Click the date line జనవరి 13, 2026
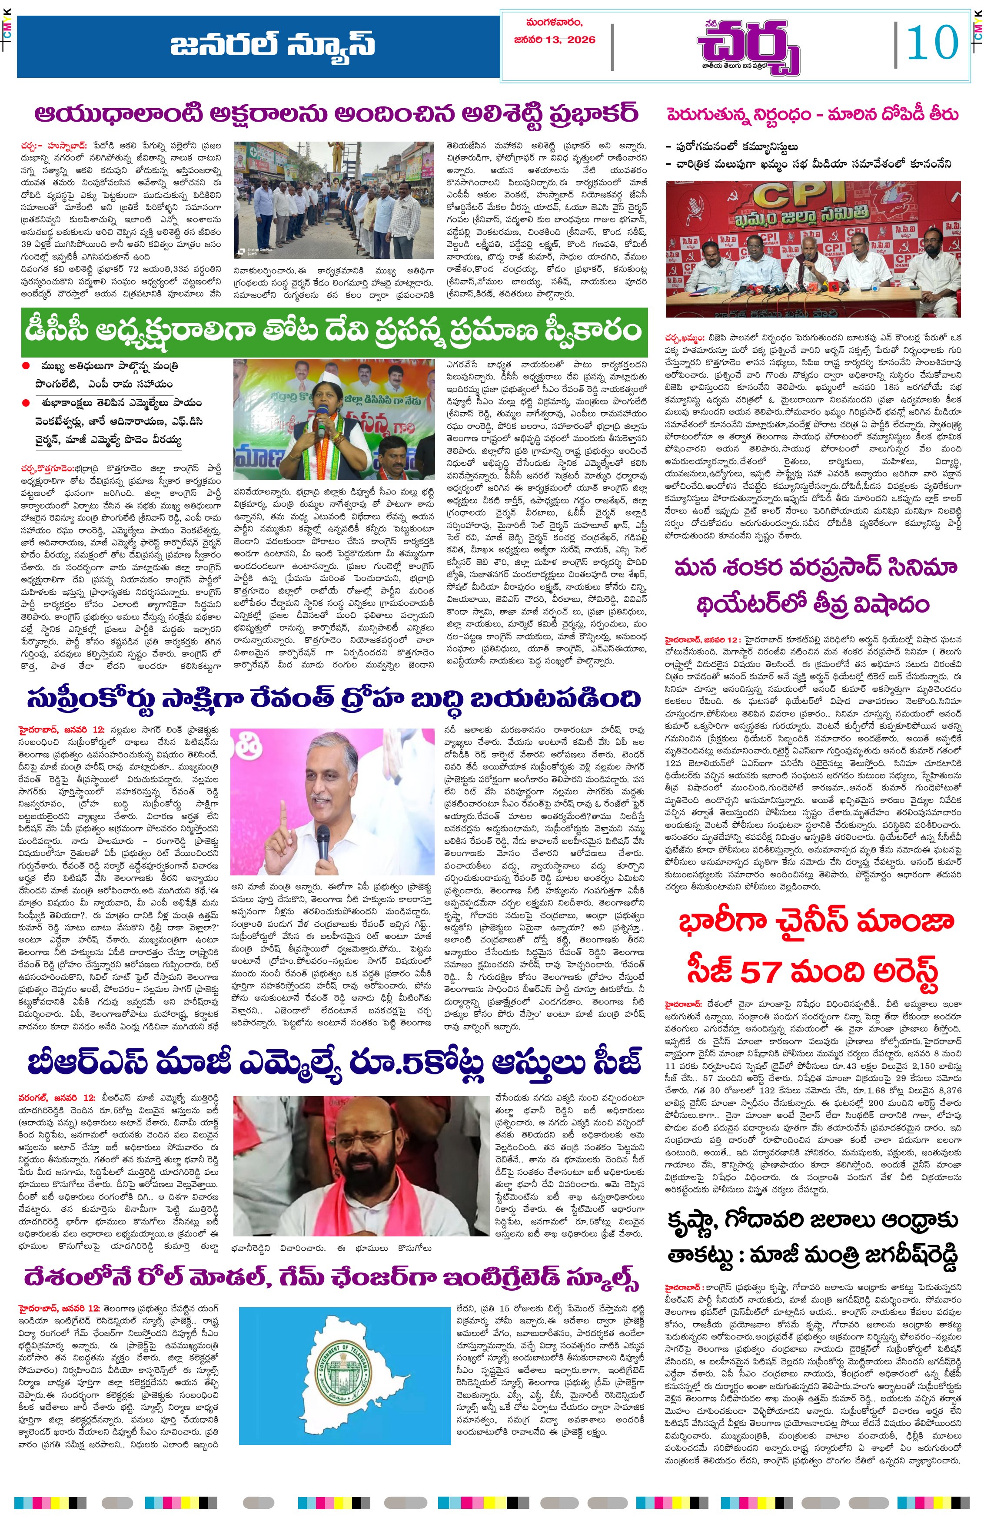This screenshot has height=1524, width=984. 554,40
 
